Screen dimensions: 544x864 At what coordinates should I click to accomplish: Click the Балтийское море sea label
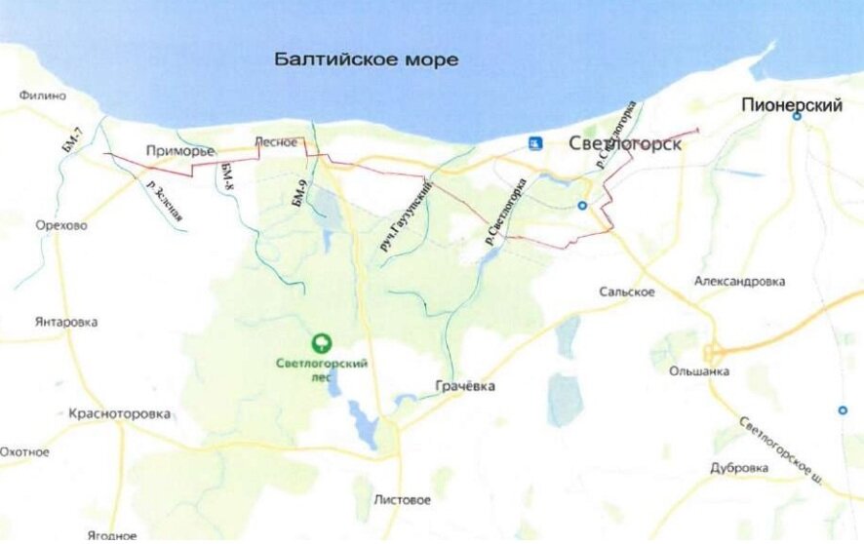pyautogui.click(x=366, y=60)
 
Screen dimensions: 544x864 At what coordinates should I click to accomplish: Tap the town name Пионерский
pyautogui.click(x=791, y=105)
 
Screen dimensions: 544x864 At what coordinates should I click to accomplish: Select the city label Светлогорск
pyautogui.click(x=624, y=144)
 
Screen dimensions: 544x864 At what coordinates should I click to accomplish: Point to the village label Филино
pyautogui.click(x=43, y=96)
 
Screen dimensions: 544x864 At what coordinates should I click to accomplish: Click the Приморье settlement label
pyautogui.click(x=178, y=150)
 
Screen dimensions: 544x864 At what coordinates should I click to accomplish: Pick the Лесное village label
pyautogui.click(x=275, y=142)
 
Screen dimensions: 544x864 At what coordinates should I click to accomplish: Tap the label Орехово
pyautogui.click(x=60, y=225)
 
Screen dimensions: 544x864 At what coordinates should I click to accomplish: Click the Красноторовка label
pyautogui.click(x=120, y=413)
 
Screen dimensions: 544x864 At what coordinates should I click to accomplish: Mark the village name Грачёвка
pyautogui.click(x=464, y=386)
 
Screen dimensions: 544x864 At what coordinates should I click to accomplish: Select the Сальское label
pyautogui.click(x=627, y=291)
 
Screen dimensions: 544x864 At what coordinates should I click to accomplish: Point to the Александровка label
pyautogui.click(x=739, y=281)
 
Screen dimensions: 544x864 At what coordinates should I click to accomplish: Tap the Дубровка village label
pyautogui.click(x=739, y=468)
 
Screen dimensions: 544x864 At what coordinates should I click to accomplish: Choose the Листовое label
pyautogui.click(x=402, y=500)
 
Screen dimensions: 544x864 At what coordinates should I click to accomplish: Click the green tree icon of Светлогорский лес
pyautogui.click(x=319, y=343)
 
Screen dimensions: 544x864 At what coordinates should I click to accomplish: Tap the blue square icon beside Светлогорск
pyautogui.click(x=534, y=144)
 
